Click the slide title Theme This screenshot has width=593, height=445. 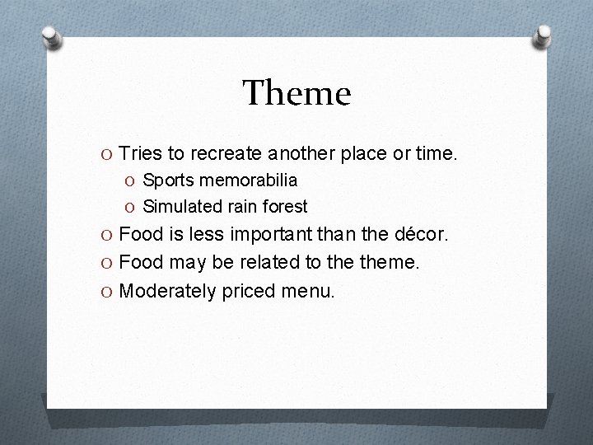click(x=296, y=93)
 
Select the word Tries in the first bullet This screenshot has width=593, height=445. click(x=140, y=153)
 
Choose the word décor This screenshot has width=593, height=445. click(x=421, y=234)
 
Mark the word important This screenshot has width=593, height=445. click(x=268, y=235)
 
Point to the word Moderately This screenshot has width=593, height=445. click(x=168, y=291)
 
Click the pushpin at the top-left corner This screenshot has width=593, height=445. click(x=51, y=36)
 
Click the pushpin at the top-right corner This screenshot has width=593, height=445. click(x=543, y=35)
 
